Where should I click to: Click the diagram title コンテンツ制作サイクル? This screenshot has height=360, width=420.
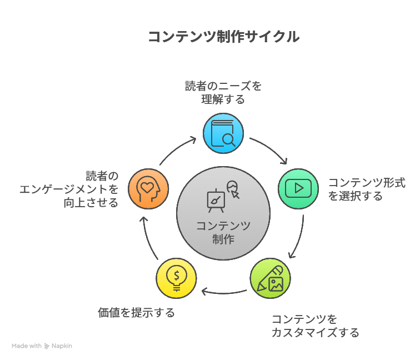224,37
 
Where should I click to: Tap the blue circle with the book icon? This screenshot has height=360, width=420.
223,133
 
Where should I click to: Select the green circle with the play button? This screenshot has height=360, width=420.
298,189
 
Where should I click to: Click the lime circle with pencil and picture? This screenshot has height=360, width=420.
270,278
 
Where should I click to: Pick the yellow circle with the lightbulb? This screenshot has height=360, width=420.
176,278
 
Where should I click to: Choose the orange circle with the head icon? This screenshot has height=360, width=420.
148,189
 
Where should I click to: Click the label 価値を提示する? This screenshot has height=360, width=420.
136,313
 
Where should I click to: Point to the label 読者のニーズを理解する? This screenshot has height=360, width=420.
223,93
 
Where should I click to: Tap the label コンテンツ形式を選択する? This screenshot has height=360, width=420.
367,189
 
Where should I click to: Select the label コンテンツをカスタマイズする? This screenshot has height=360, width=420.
315,326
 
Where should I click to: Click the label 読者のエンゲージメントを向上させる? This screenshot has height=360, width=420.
69,189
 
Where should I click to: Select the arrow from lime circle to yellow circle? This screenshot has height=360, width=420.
223,293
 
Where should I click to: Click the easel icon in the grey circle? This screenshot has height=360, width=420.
216,201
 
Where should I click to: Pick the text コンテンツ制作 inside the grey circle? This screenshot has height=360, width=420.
223,232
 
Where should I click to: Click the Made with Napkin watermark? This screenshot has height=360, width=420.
42,346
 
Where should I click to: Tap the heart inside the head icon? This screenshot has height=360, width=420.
147,187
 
